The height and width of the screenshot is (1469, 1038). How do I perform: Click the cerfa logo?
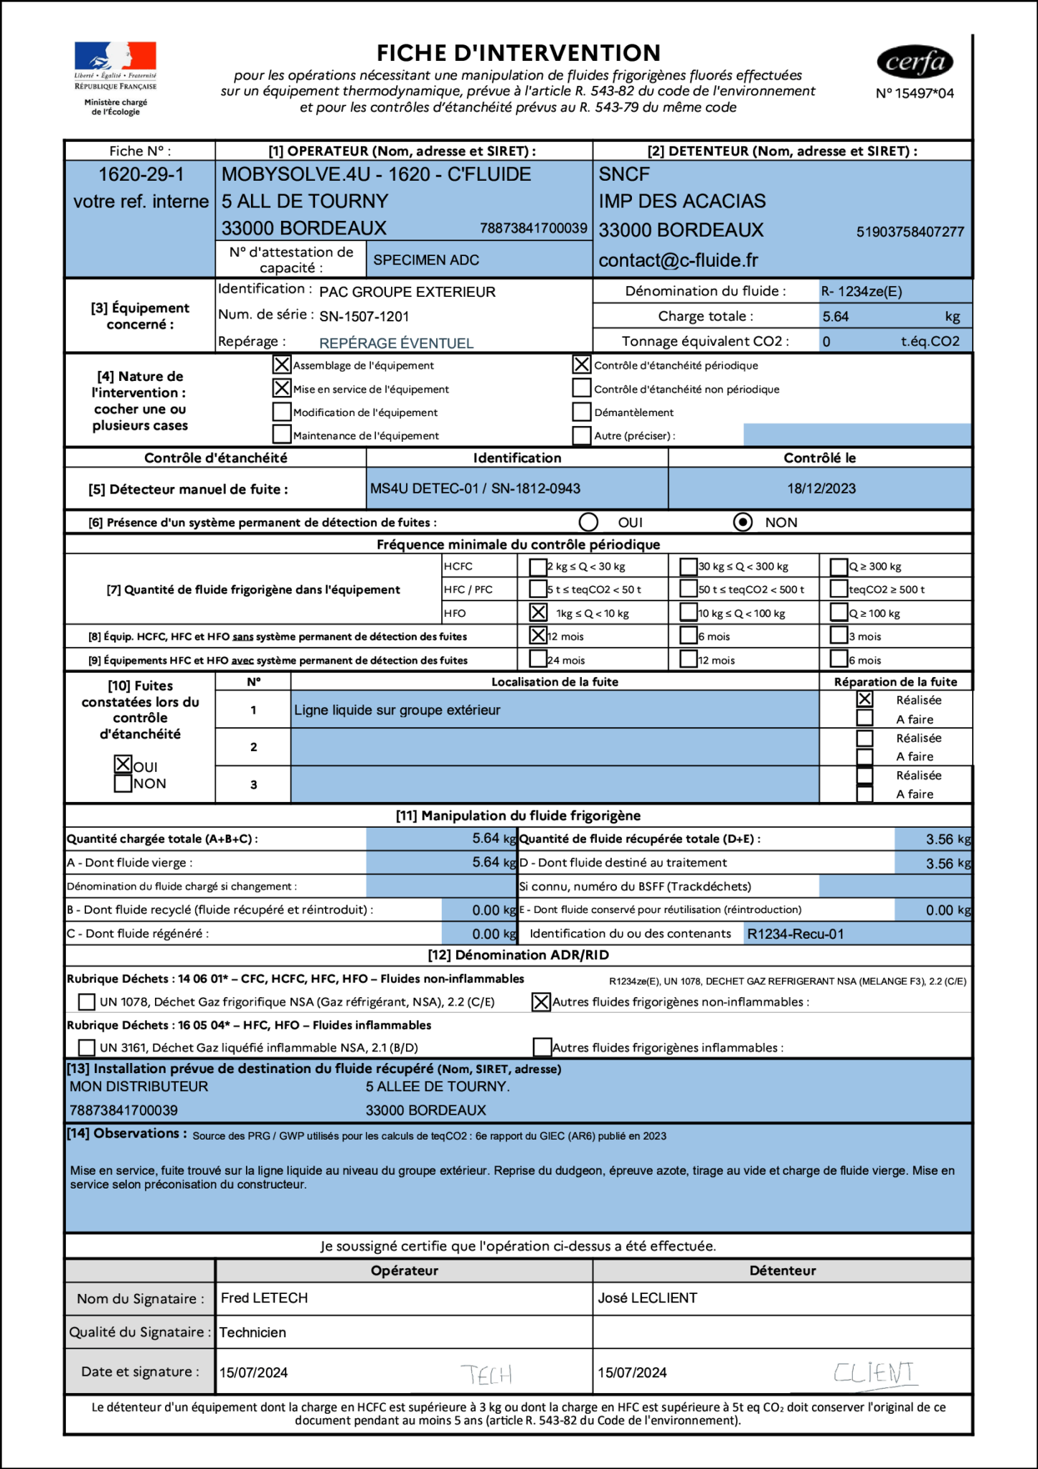pos(915,62)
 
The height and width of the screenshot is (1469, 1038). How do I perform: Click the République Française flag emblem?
pos(115,55)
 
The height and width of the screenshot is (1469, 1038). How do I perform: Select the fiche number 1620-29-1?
pos(141,174)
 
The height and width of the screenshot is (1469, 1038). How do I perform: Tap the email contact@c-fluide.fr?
pos(678,260)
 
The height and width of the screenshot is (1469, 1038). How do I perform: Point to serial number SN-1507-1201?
pos(364,316)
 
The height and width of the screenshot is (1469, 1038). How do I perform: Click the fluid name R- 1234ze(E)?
pos(862,291)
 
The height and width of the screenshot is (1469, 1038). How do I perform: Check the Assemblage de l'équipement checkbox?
pos(282,364)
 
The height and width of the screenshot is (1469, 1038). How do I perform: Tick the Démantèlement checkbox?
pos(581,412)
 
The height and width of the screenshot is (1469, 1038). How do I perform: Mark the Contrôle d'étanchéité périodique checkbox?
pos(581,364)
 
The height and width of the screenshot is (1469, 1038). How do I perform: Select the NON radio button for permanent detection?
pos(742,522)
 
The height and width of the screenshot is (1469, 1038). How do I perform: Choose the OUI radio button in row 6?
pos(588,522)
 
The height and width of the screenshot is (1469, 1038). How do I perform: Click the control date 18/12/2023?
pos(821,488)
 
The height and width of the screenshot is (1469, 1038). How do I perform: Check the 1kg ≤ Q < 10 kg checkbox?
pos(538,613)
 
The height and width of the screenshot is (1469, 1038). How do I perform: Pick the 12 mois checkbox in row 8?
pos(538,636)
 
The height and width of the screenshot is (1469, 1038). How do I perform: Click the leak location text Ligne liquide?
pos(397,710)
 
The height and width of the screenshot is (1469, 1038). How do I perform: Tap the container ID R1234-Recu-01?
pos(795,934)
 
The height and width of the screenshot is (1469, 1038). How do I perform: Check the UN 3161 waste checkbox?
pos(86,1047)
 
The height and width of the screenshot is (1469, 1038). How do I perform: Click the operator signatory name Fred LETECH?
pos(264,1298)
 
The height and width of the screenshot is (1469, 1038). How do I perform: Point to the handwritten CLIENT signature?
pos(874,1373)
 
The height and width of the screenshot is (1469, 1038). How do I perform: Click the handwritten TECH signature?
pos(486,1374)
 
